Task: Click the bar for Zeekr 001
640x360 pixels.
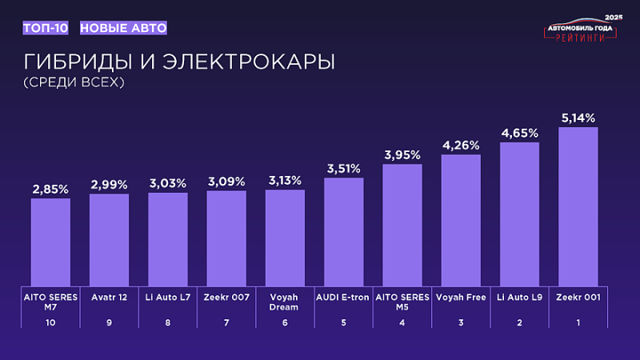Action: [578, 206]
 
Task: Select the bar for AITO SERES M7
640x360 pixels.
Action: [50, 241]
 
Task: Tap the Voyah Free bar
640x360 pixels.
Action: [461, 219]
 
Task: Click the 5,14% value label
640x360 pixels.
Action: [578, 118]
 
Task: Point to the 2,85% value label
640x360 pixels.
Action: [50, 189]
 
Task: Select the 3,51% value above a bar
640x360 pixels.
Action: [343, 168]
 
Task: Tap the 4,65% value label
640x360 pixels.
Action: [520, 133]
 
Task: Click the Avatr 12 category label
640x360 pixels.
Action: [109, 297]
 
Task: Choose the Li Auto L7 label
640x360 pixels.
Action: [168, 297]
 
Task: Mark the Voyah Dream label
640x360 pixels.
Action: [285, 302]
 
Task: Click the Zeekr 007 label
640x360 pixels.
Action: [226, 297]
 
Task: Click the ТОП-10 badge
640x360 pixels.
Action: [46, 28]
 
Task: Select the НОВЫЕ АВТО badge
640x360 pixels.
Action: [123, 28]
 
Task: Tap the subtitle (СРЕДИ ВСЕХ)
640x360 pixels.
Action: [74, 82]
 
